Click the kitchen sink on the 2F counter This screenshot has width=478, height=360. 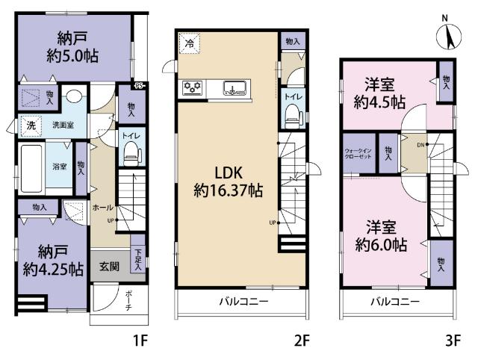click(x=233, y=87)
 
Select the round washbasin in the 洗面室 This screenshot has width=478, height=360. click(x=73, y=97)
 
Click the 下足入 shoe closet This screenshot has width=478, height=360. click(x=137, y=259)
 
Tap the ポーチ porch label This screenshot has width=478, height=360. click(x=127, y=303)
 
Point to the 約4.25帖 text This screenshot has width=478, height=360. click(x=52, y=270)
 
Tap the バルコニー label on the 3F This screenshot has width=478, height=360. click(x=395, y=302)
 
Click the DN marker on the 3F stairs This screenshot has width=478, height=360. click(x=420, y=144)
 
